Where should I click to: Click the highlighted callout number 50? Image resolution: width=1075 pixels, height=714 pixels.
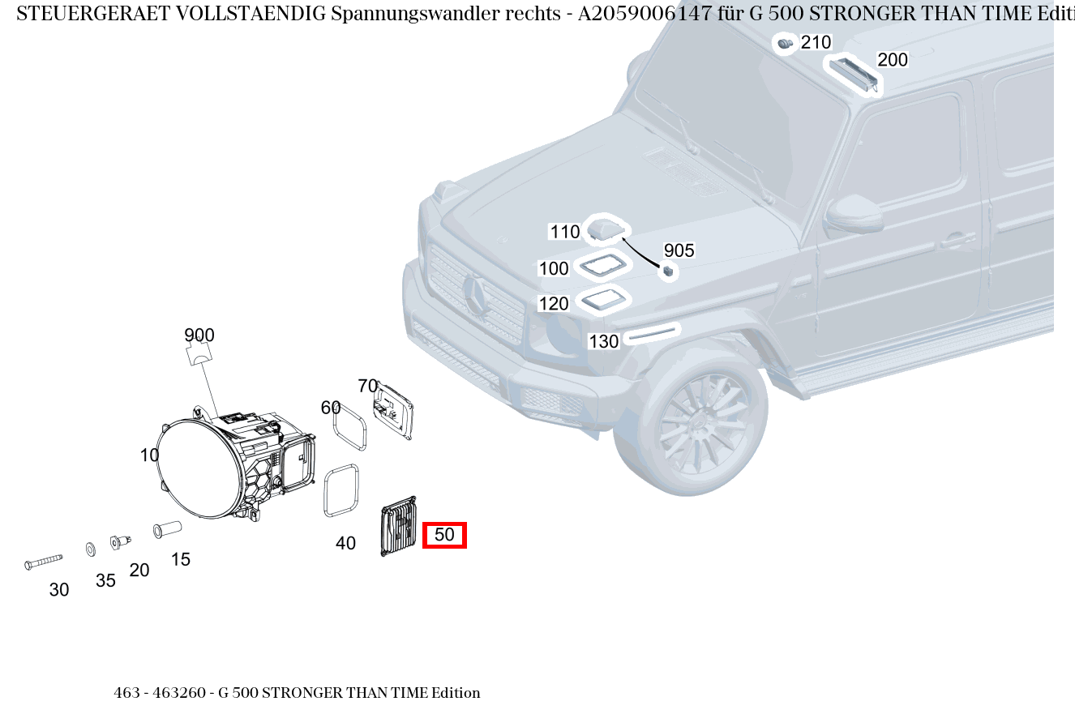pos(444,535)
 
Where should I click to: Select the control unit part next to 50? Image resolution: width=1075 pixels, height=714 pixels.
pos(399,527)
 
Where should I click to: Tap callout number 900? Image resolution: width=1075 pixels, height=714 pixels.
pos(199,336)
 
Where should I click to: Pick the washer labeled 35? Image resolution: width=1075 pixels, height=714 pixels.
pos(90,550)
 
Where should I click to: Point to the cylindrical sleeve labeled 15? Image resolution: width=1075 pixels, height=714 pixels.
pos(167,529)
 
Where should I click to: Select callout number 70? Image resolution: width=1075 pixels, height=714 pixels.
pos(368,386)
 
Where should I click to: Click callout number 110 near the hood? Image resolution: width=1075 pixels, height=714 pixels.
pos(565,232)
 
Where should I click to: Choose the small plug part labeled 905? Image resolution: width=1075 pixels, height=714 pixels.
pos(669,271)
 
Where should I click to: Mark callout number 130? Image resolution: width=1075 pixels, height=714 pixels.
pos(603,341)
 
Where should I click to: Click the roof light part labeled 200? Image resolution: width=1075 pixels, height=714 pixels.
pos(853,75)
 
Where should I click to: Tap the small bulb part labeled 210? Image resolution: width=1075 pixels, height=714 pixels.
pos(784,44)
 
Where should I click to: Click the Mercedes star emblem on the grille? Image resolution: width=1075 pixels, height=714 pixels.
pos(474,293)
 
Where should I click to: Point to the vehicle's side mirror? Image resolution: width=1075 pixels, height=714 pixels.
pos(854,213)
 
